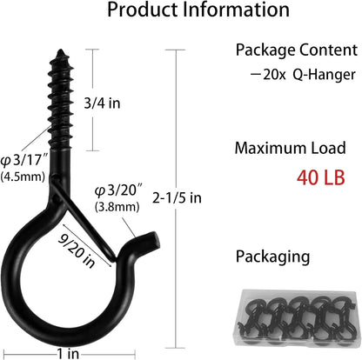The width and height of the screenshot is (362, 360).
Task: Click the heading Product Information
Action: click(180, 11)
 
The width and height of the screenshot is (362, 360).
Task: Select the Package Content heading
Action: click(292, 50)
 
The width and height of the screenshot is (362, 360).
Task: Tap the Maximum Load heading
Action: click(292, 148)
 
